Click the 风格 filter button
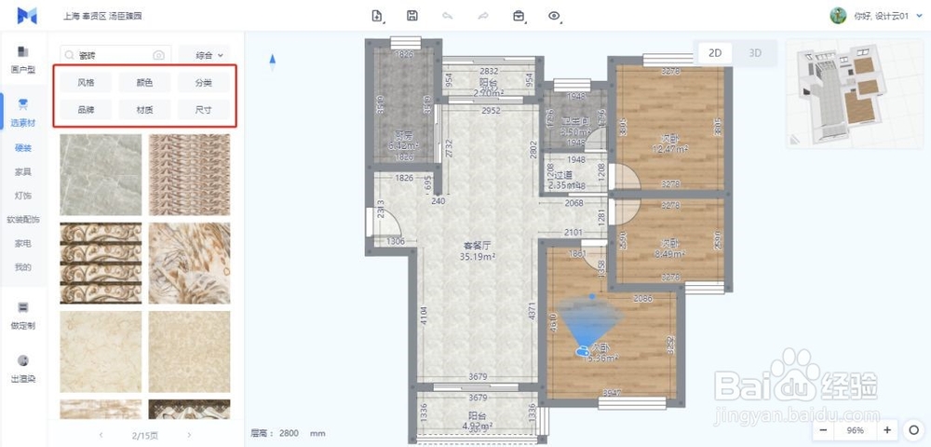pos(86,83)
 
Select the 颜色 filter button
pos(144,83)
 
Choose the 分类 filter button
pos(203,83)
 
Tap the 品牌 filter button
pos(86,109)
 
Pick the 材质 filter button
pos(144,109)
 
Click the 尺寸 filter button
pos(203,109)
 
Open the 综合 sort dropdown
pos(204,56)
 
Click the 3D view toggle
pos(755,53)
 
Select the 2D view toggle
pos(715,53)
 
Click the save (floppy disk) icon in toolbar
pos(412,16)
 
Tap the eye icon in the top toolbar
pos(555,16)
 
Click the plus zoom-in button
pos(886,430)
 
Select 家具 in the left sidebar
pos(23,172)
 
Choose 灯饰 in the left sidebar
pos(23,196)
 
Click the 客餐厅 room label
pos(479,246)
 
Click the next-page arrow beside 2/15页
pos(189,435)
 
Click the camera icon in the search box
pos(159,56)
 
